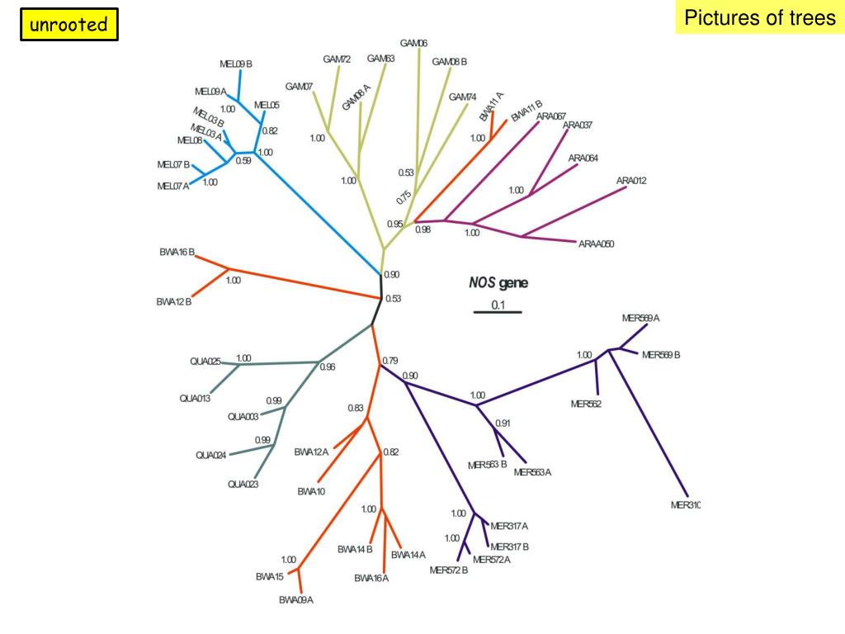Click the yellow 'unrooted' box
point(69,25)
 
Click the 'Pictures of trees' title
point(759,18)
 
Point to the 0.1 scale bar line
point(498,312)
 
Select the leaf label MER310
point(685,505)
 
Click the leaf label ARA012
point(631,181)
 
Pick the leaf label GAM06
point(413,43)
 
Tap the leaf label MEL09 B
point(236,64)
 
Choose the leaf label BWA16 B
point(177,252)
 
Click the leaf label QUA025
point(205,361)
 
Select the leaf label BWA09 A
point(296,600)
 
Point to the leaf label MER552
point(586,404)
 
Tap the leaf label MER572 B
point(449,570)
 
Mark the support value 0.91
point(503,423)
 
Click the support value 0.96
point(328,367)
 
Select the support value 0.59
point(243,161)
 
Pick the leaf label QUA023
point(243,485)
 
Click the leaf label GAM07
point(299,87)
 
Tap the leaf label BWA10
point(311,491)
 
